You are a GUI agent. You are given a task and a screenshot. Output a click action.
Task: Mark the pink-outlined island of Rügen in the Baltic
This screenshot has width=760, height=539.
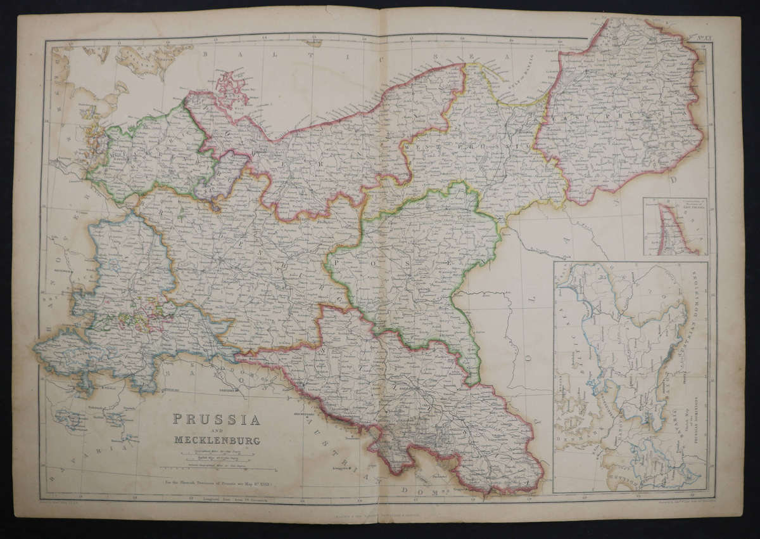tap(232, 89)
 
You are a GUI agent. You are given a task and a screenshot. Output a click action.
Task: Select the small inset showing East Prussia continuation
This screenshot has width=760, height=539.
tap(675, 226)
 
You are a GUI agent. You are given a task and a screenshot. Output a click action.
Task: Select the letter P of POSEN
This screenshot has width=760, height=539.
tap(338, 262)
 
